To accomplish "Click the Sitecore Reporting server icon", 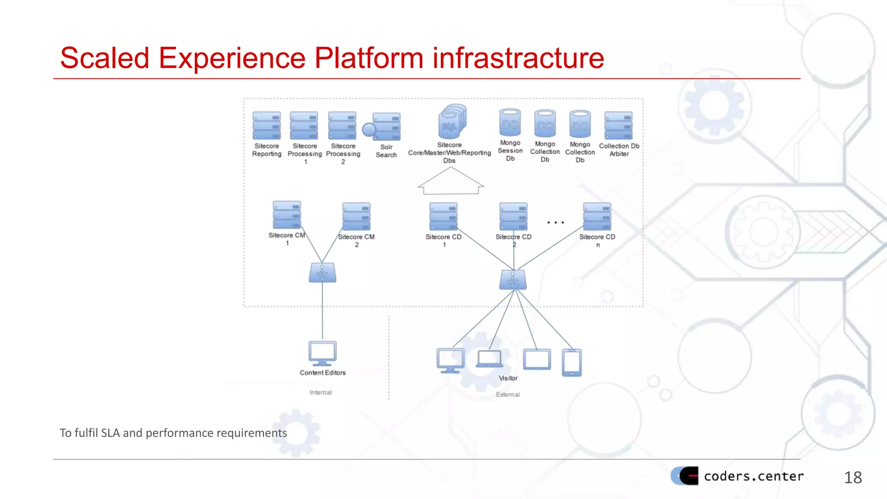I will coord(266,126).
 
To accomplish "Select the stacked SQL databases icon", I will coord(452,121).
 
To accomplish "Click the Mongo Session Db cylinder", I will coord(510,123).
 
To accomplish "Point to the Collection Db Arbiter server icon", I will coord(618,126).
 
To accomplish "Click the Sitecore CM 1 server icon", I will coord(287,215).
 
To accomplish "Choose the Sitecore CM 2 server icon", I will coord(356,217).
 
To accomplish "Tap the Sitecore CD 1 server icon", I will coord(443,217).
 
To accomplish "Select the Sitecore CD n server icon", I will coord(597,217).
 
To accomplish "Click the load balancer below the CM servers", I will coord(322,273).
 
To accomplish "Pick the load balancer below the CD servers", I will coord(513,280).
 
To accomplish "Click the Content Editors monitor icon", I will coord(322,353).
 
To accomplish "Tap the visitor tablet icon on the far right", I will coord(572,363).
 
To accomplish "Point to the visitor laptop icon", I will coord(489,359).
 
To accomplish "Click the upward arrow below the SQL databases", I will coord(450,181).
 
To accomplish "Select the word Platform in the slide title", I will coord(369,58).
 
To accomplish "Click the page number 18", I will coord(853,477).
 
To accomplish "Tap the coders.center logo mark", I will coord(685,476).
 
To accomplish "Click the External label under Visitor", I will coord(508,394).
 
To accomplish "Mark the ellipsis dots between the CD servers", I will coord(555,223).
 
